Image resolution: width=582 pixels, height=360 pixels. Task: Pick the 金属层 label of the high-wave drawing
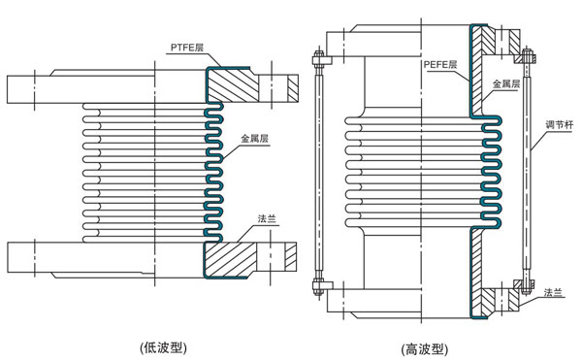coord(509,84)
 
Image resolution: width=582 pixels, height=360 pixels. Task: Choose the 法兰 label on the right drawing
coord(554,291)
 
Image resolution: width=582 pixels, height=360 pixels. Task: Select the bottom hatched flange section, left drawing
coord(238,257)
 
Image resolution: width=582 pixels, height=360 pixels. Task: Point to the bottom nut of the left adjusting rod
coord(316,285)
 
